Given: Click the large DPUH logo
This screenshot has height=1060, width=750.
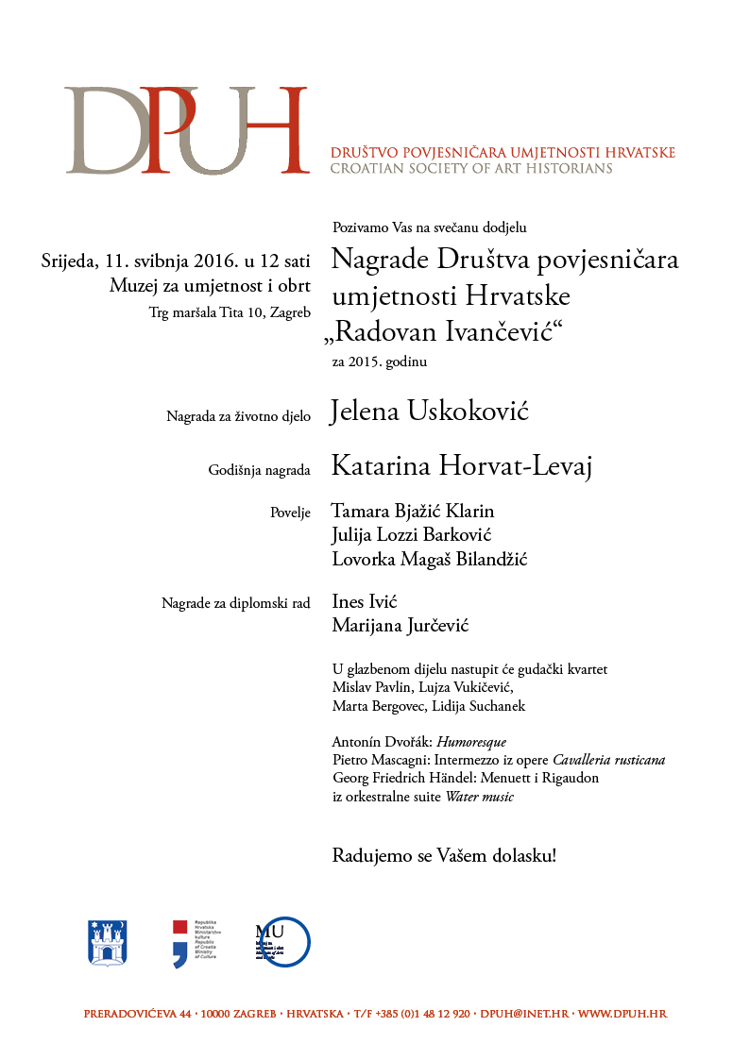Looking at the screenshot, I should [187, 130].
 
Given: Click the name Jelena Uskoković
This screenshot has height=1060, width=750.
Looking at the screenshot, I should [429, 412].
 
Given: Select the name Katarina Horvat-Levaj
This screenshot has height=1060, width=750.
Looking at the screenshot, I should [461, 466].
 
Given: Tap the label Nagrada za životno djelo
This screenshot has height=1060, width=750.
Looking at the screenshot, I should [238, 415].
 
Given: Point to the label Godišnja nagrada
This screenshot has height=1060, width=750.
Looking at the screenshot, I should [259, 469].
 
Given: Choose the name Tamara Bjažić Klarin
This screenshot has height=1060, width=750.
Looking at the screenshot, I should [413, 512].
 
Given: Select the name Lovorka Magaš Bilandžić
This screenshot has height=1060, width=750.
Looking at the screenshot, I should [429, 560].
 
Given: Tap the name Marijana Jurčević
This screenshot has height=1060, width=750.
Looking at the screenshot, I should [401, 626].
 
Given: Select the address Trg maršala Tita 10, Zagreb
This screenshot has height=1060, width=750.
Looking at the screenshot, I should [230, 313].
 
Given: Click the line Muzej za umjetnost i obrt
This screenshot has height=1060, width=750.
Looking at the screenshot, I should [210, 286].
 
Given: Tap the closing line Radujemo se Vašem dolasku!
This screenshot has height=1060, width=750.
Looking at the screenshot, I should [444, 857].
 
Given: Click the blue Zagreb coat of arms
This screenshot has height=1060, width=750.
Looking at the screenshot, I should [107, 941].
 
